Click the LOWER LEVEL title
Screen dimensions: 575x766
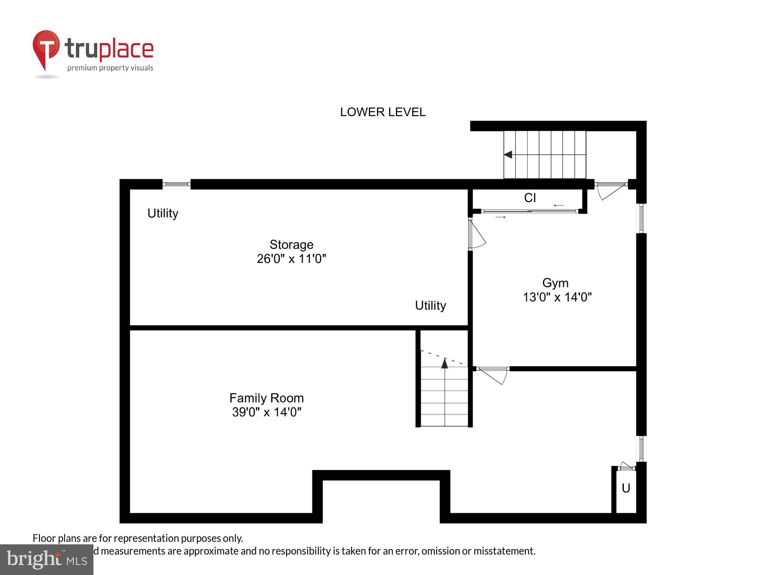(383, 112)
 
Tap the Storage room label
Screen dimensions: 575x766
(291, 245)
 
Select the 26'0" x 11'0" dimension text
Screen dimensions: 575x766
(291, 259)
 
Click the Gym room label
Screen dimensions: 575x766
(555, 283)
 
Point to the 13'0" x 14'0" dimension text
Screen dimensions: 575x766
(557, 297)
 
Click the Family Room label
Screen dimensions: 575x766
(267, 398)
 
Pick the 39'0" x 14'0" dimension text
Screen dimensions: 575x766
(267, 412)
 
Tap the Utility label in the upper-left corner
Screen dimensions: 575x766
(163, 213)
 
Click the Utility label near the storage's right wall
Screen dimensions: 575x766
(430, 306)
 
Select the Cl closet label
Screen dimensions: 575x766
(530, 198)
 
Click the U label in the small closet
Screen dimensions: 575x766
(626, 488)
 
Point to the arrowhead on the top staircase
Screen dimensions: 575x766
(508, 155)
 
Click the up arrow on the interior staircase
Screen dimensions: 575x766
(444, 363)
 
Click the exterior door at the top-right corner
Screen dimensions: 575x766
(611, 190)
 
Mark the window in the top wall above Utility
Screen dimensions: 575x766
(177, 184)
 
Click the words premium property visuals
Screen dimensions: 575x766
(110, 68)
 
